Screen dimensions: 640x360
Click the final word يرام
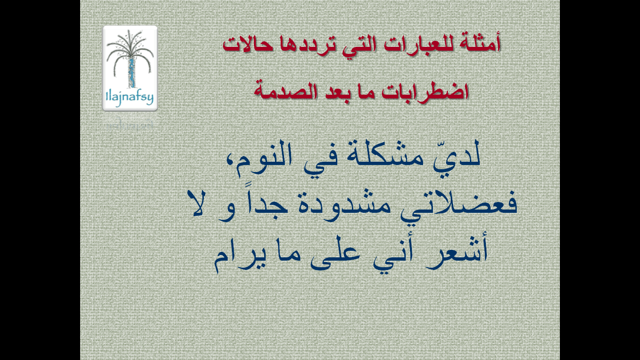[x=240, y=258]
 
